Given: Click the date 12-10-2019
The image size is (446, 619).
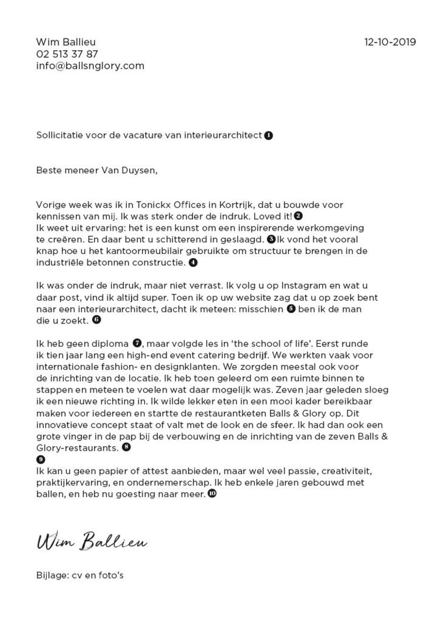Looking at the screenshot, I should click(390, 42).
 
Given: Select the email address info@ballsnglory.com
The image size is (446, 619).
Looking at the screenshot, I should click(90, 66).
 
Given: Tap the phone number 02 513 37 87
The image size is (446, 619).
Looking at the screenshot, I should click(67, 54).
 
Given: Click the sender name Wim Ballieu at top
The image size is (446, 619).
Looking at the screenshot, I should click(65, 42).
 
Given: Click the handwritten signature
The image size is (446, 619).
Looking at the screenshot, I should click(92, 542).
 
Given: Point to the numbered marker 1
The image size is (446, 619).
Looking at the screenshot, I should click(268, 135).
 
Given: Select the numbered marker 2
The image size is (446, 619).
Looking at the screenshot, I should click(298, 216).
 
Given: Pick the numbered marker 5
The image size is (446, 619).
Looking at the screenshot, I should click(291, 309).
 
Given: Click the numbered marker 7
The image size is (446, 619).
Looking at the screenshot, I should click(137, 342).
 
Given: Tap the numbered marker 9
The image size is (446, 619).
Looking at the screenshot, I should click(40, 459).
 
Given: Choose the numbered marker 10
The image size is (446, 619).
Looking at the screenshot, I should click(212, 494).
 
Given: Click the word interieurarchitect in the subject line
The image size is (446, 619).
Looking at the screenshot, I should click(227, 135).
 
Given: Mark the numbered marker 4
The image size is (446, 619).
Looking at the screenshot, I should click(193, 263).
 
